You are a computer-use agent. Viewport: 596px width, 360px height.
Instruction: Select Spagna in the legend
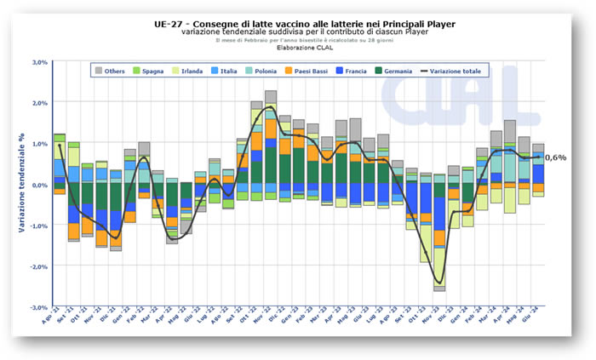(152, 71)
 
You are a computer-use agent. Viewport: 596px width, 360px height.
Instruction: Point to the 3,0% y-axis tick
(38, 62)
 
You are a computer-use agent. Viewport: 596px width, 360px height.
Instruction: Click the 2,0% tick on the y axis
(38, 103)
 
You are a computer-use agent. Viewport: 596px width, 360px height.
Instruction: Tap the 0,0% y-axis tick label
(38, 185)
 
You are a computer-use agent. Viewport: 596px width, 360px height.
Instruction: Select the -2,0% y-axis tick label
(37, 266)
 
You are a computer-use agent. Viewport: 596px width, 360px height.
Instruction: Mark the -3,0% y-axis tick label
(37, 307)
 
